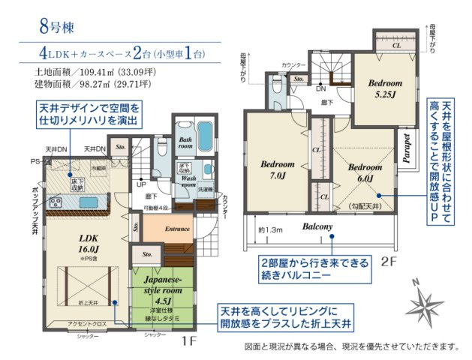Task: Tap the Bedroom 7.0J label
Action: [x=277, y=169]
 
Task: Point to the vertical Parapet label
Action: [x=406, y=148]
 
